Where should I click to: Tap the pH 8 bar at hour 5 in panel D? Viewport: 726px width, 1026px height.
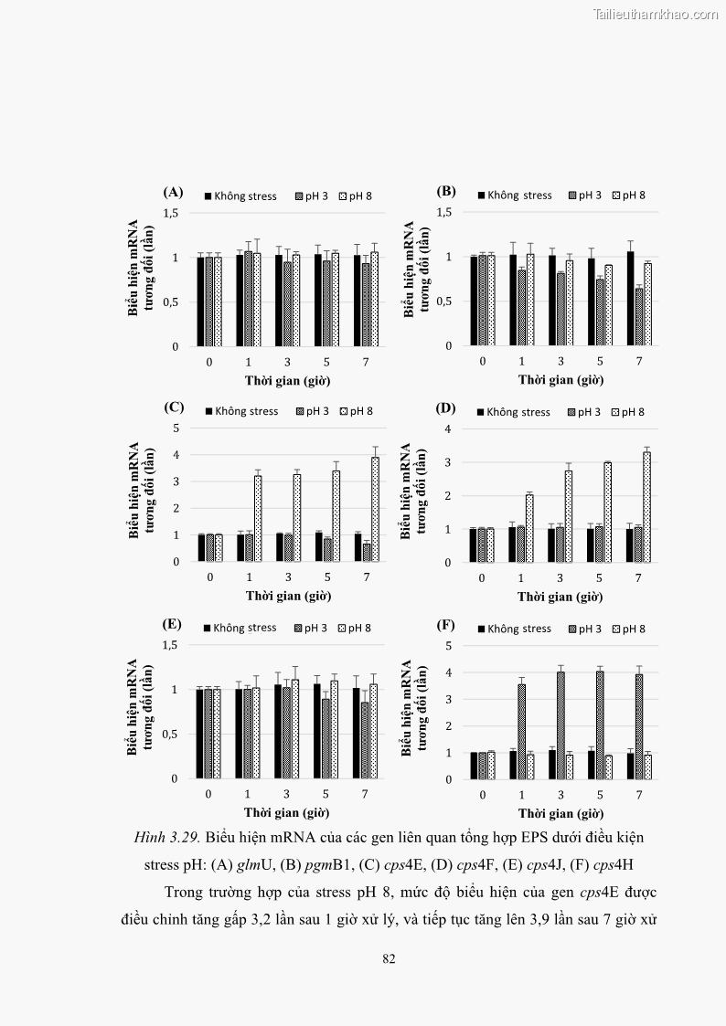tap(607, 512)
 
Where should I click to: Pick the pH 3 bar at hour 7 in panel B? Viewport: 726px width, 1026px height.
tap(639, 317)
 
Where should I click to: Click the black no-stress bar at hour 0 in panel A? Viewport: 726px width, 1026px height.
tap(200, 301)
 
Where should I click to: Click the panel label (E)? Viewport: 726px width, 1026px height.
tap(172, 625)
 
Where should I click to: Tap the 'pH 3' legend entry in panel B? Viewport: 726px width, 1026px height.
tap(583, 195)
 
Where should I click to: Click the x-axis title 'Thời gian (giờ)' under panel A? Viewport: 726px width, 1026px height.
tap(287, 379)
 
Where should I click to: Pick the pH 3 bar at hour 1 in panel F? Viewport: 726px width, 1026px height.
tap(521, 731)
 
